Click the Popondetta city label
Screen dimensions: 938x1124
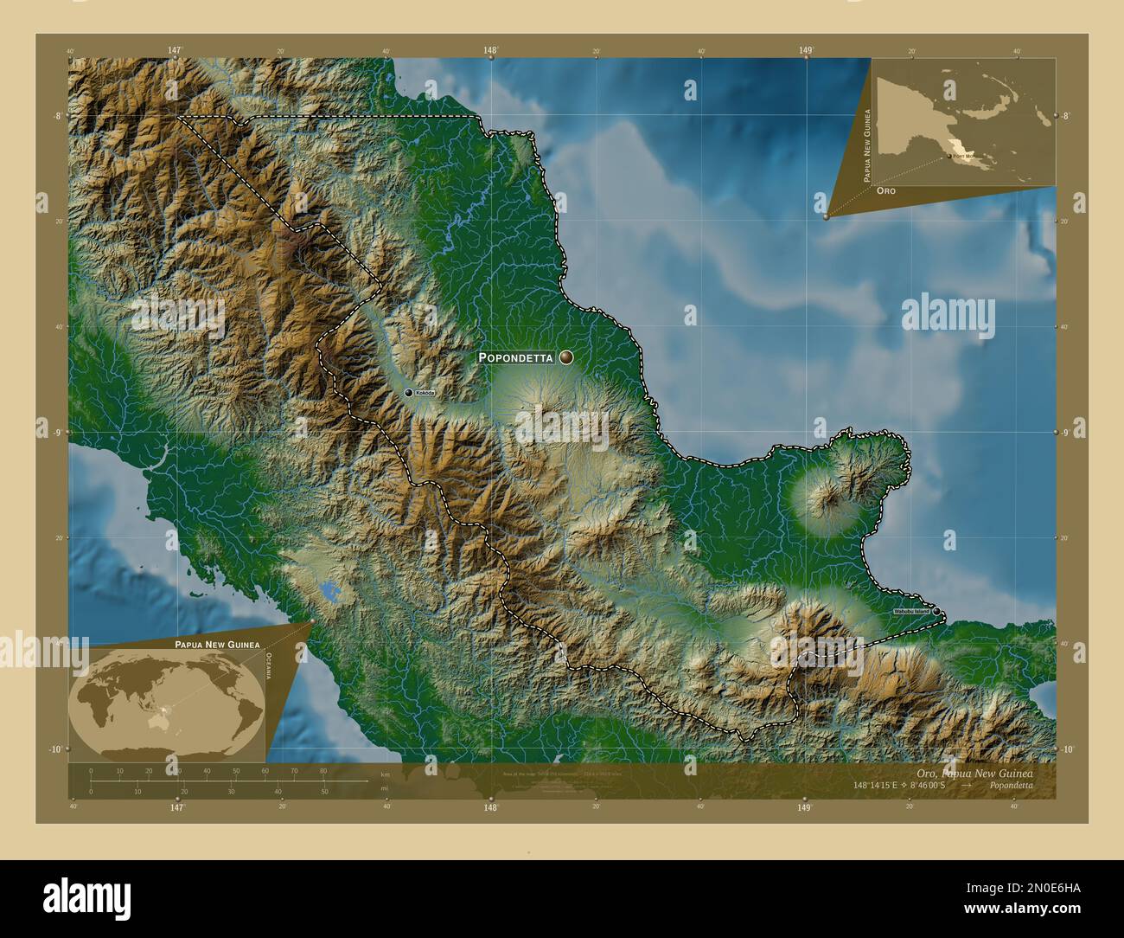coord(516,357)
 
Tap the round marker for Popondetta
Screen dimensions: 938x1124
coord(566,357)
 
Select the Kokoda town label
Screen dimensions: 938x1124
coord(425,393)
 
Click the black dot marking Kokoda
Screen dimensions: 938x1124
coord(409,393)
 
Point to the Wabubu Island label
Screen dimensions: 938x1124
coord(911,612)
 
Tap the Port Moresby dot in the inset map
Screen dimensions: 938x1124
coord(948,157)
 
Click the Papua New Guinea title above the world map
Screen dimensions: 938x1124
coord(217,646)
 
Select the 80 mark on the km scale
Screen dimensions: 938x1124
coord(323,771)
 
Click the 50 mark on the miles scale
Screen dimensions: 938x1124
coord(324,791)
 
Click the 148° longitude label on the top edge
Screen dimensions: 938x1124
coord(491,51)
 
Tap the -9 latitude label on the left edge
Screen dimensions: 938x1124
coord(57,432)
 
